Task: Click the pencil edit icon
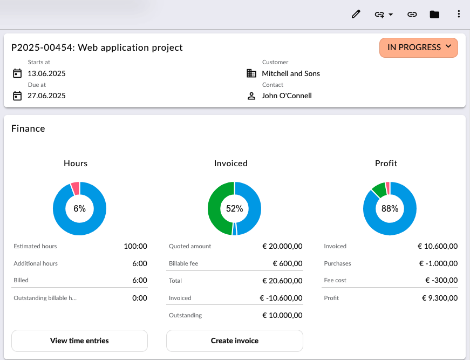356,14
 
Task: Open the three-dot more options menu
459,14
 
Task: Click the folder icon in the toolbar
434,15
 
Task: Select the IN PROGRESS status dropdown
418,47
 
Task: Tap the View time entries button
79,341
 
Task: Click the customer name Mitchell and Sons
291,73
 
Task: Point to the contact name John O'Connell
287,96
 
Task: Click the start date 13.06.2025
46,73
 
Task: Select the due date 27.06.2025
46,96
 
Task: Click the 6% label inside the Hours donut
80,209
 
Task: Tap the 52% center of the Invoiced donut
234,209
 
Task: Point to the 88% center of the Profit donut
390,209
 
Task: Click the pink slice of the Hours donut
75,188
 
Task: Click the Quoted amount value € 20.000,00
282,246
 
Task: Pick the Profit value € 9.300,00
440,298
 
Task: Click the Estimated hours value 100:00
135,246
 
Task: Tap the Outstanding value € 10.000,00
282,315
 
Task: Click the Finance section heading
28,128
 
